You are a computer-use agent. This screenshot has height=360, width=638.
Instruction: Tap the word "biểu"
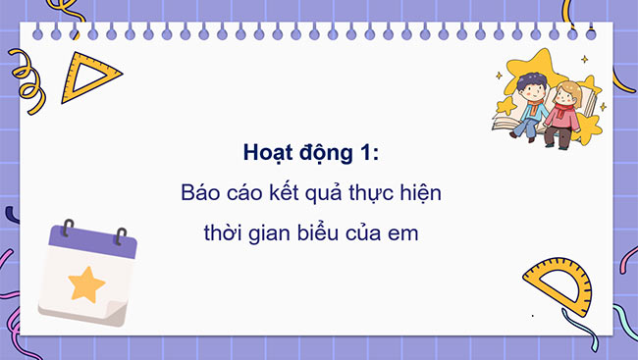point(328,235)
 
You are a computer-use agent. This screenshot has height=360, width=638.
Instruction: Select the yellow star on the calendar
point(85,284)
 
